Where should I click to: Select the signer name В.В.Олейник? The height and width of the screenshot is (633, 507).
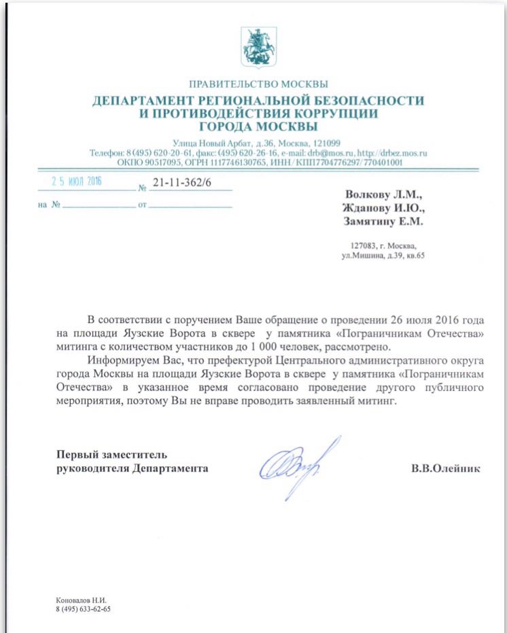pos(445,468)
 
